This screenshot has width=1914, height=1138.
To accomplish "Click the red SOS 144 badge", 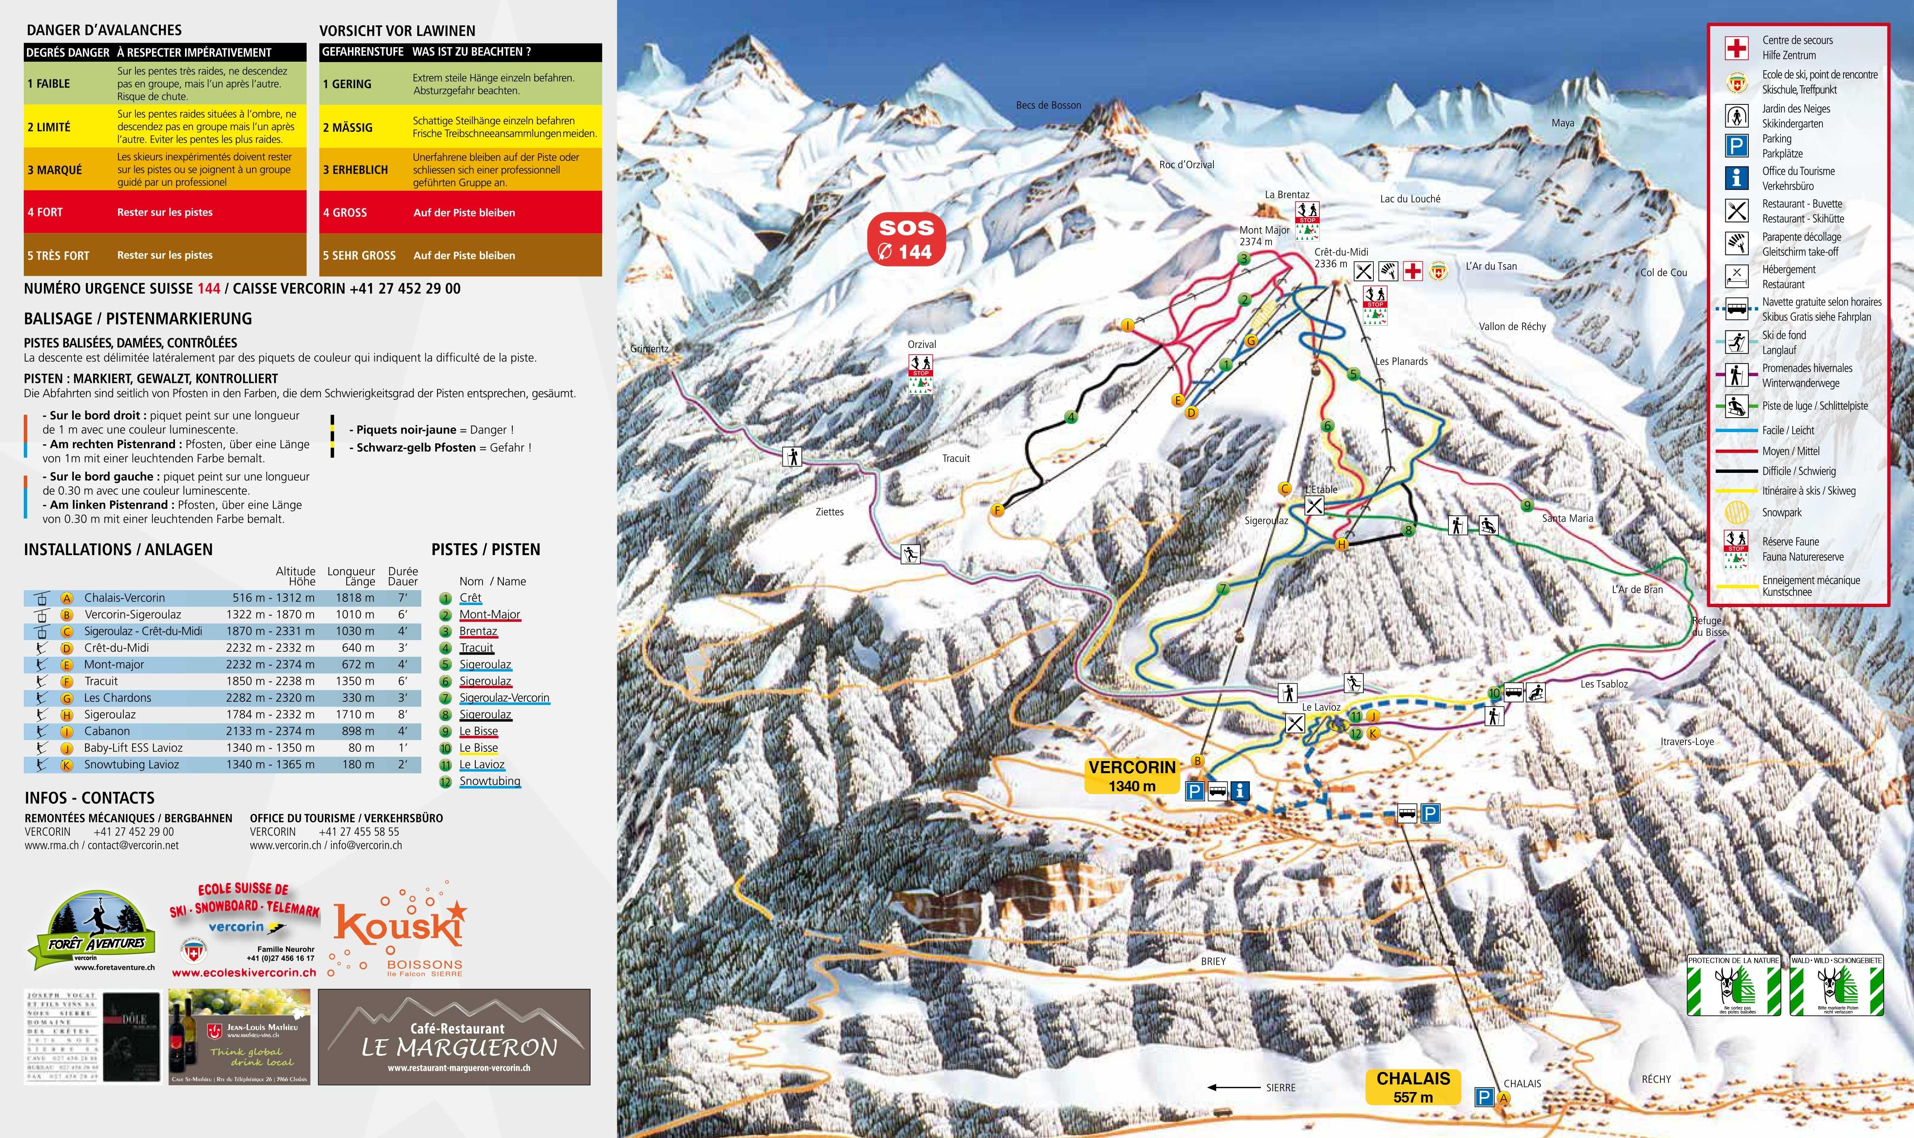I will click(906, 239).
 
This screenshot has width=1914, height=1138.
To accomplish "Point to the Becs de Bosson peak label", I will click(1048, 105).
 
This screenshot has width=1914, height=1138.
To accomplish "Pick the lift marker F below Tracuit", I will click(998, 510).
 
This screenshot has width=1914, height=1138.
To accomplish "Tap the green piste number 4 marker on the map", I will click(1071, 417).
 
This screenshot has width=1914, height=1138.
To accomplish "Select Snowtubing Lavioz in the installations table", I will click(131, 765).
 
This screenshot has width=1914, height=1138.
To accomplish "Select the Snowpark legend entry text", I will click(1781, 512).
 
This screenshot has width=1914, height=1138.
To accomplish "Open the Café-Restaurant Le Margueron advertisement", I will click(454, 1037).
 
